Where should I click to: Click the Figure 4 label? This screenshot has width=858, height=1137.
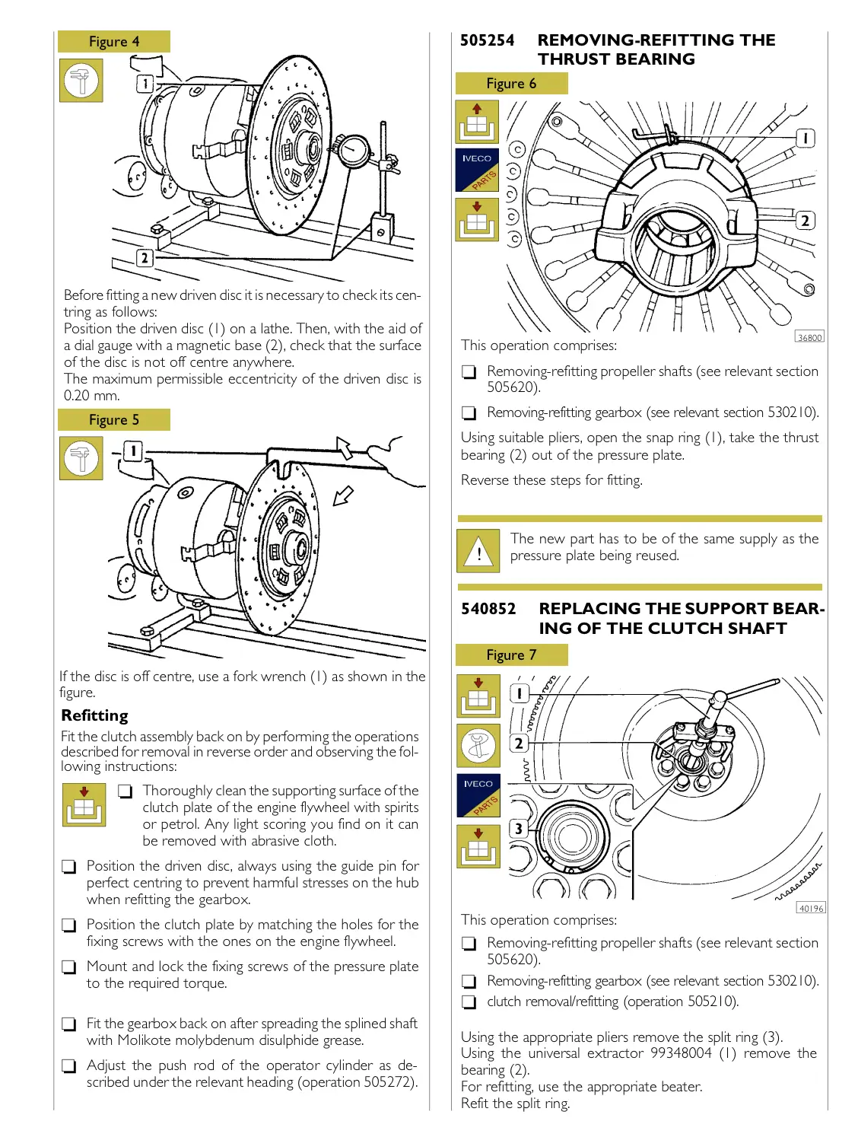pyautogui.click(x=114, y=42)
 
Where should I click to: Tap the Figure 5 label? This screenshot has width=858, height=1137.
pyautogui.click(x=114, y=420)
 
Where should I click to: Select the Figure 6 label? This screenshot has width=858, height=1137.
pyautogui.click(x=511, y=84)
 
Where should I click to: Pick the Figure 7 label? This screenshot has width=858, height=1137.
pyautogui.click(x=511, y=655)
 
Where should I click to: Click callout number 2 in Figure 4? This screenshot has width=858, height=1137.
pyautogui.click(x=144, y=258)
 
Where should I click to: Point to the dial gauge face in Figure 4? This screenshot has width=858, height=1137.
pyautogui.click(x=353, y=149)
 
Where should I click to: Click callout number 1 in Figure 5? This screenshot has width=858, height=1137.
pyautogui.click(x=132, y=451)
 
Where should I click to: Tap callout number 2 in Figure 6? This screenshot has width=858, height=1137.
pyautogui.click(x=805, y=221)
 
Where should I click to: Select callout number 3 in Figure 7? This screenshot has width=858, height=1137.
pyautogui.click(x=519, y=829)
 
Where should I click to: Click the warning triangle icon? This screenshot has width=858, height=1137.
pyautogui.click(x=478, y=551)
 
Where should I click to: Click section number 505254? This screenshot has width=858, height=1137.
pyautogui.click(x=487, y=40)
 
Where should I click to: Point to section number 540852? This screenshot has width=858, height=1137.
pyautogui.click(x=488, y=609)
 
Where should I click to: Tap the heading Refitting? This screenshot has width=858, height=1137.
pyautogui.click(x=95, y=715)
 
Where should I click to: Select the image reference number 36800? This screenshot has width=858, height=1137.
pyautogui.click(x=809, y=337)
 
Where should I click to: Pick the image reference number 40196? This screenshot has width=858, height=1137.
pyautogui.click(x=811, y=908)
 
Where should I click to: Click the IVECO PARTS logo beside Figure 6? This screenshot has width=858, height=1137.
pyautogui.click(x=477, y=170)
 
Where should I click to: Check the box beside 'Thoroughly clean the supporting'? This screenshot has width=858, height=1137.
pyautogui.click(x=126, y=791)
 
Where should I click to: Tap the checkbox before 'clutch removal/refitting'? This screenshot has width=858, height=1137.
pyautogui.click(x=469, y=1002)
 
